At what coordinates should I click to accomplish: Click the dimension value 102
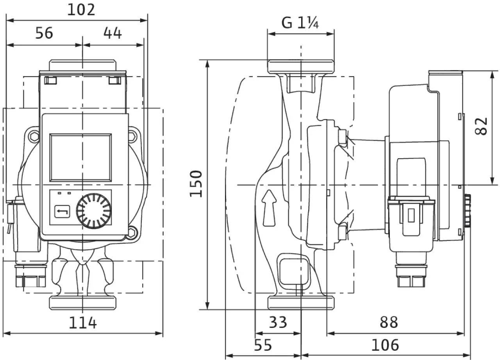point(81,10)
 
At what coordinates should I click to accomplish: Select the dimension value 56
point(44,33)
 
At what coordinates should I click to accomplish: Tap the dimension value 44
point(112,33)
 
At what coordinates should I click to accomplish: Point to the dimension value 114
point(83,323)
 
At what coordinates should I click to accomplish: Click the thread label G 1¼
point(300,23)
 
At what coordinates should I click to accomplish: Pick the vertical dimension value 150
point(196,184)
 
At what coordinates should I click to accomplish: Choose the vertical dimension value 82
point(483,126)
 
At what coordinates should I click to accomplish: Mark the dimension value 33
point(278,323)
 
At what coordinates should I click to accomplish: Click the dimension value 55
point(262,345)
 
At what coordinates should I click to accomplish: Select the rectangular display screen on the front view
point(80,158)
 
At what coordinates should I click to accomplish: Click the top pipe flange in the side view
point(300,66)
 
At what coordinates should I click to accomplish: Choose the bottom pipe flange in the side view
point(300,303)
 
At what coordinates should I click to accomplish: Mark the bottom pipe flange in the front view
point(83,303)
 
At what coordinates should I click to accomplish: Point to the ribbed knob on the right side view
point(468,210)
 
